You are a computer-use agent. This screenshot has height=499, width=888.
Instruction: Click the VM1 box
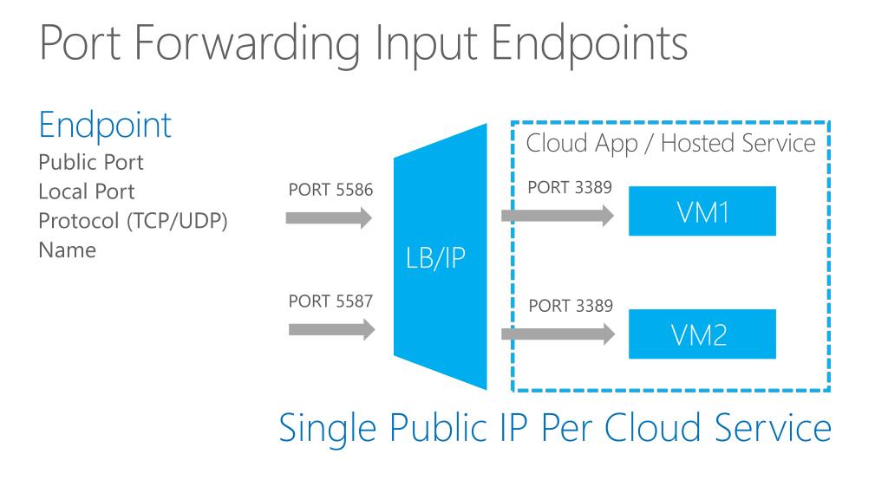[x=702, y=211]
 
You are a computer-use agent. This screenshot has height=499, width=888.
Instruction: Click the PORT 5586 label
[x=330, y=191]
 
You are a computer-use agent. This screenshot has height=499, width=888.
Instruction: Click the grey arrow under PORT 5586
[x=330, y=218]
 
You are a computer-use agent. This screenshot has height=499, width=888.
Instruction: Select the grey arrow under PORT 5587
[x=330, y=329]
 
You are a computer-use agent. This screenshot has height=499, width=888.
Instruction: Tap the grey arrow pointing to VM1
[x=560, y=218]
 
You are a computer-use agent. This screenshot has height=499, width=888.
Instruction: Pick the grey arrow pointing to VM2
[x=560, y=332]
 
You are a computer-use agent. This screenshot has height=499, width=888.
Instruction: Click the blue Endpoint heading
[x=105, y=126]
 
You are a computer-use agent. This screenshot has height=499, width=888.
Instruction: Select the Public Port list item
[x=91, y=162]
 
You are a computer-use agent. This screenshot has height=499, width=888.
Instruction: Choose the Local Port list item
[x=87, y=191]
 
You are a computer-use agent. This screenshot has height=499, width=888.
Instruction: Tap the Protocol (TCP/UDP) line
[x=133, y=221]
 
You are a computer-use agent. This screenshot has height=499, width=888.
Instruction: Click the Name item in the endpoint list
[x=67, y=250]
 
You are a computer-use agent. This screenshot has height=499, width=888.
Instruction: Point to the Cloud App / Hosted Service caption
[x=671, y=143]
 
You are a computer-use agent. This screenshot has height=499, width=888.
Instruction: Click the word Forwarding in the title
[x=245, y=43]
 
